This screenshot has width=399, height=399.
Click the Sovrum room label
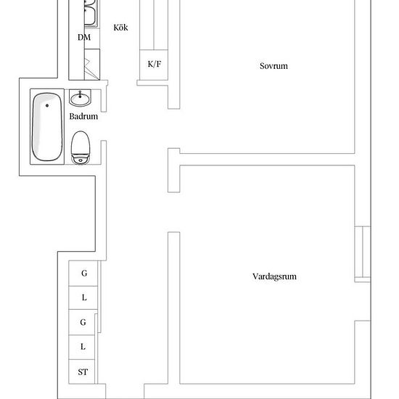point(273,66)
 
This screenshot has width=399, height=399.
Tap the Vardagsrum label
point(274,276)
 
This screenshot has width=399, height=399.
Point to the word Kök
point(120,28)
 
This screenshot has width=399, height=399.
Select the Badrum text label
point(83,117)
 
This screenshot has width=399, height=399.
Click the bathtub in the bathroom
point(47,127)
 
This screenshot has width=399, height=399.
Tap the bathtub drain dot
point(47,105)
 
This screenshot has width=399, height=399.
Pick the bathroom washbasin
point(80,98)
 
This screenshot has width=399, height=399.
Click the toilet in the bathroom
point(81,147)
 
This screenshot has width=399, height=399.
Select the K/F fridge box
point(154,65)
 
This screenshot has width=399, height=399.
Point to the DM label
point(84,38)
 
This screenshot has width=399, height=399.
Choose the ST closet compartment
point(82,371)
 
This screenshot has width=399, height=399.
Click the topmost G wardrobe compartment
point(83,273)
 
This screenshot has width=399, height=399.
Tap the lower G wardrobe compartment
point(82,322)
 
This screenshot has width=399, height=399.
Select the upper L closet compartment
point(83,297)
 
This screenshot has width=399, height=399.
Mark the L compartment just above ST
point(82,347)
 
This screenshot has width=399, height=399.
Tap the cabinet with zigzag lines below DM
point(92,65)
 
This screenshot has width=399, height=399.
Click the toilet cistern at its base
point(81,160)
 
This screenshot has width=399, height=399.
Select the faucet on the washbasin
point(80,94)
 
